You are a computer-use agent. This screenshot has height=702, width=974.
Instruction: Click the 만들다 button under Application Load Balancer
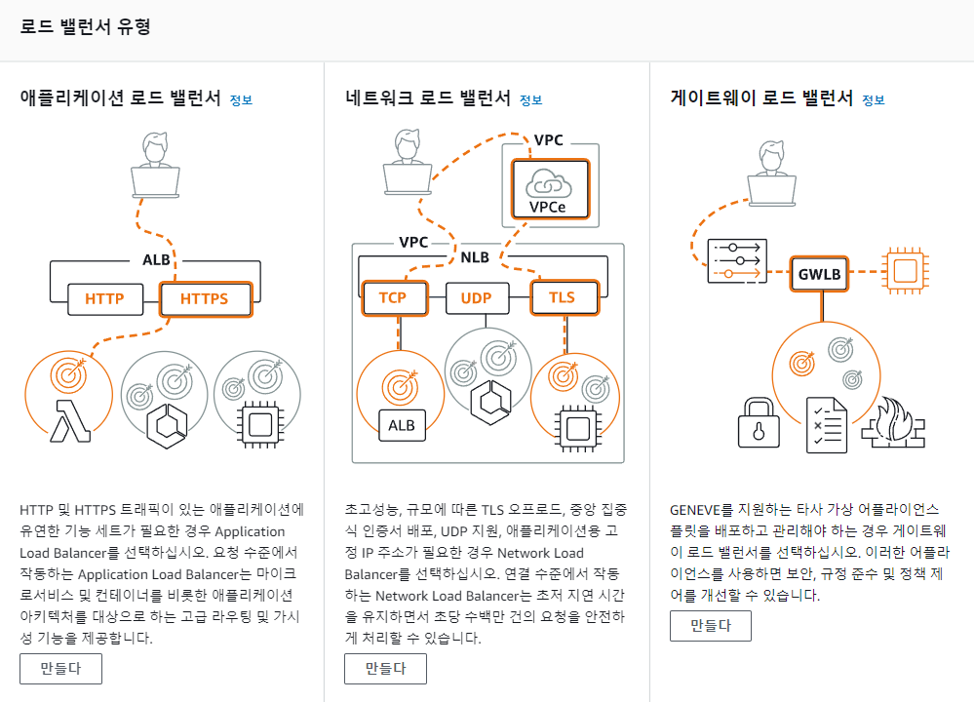[x=60, y=669]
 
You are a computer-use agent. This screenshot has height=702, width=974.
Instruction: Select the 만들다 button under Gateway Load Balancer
[x=710, y=626]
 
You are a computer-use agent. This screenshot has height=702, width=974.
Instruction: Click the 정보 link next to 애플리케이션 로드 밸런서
[x=241, y=99]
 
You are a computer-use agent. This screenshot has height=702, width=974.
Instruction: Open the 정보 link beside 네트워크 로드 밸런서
[x=530, y=99]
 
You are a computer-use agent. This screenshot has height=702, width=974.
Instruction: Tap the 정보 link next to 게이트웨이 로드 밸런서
[x=874, y=99]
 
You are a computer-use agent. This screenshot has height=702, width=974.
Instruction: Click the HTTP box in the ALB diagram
[x=104, y=298]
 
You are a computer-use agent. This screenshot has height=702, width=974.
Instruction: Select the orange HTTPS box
[x=205, y=298]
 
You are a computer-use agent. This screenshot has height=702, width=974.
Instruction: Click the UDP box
[x=475, y=298]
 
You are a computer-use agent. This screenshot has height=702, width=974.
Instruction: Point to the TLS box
[x=562, y=298]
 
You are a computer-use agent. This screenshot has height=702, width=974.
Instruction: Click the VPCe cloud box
[x=551, y=189]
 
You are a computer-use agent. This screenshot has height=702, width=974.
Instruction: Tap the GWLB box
[x=819, y=274]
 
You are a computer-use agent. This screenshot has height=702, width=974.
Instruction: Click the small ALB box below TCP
[x=401, y=425]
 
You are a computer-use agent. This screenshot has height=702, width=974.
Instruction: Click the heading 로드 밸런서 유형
[x=85, y=26]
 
